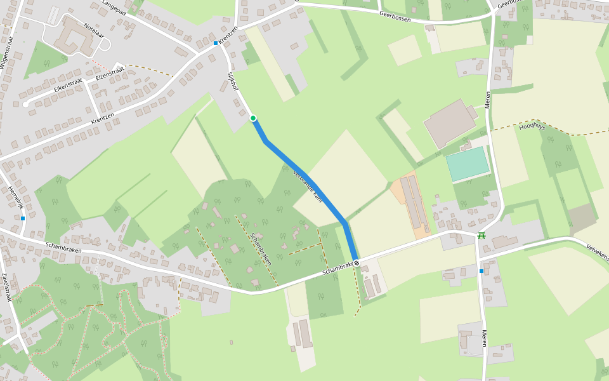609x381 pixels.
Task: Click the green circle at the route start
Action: click(252, 118)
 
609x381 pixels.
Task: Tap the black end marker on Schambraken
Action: click(357, 263)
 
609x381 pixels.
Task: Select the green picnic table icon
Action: click(481, 236)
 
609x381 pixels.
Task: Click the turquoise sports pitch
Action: click(468, 164)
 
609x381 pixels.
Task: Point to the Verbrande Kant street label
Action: click(308, 186)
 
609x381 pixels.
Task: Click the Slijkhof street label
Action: click(232, 81)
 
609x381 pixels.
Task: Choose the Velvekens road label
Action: click(597, 251)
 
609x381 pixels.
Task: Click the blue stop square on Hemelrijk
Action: click(23, 218)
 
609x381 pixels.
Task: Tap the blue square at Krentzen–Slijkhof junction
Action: click(216, 43)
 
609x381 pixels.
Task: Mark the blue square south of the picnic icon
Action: click(481, 271)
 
